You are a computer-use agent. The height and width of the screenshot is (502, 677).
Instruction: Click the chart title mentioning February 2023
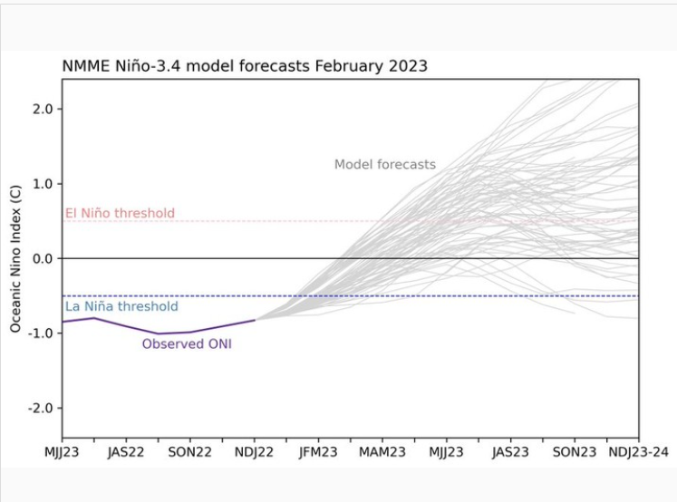click(245, 66)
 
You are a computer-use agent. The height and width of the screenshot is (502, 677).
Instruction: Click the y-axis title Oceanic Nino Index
click(16, 258)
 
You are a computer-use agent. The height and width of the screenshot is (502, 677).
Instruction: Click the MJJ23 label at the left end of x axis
click(63, 451)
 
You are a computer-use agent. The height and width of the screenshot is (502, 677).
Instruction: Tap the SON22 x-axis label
click(190, 451)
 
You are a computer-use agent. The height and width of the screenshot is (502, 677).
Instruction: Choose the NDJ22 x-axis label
click(255, 451)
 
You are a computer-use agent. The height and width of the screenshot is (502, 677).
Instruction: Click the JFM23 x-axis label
click(318, 451)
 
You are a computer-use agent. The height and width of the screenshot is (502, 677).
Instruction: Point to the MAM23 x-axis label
click(382, 451)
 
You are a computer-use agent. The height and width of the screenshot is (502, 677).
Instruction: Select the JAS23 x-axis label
click(510, 451)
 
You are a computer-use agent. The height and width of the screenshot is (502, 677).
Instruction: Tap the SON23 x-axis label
click(575, 451)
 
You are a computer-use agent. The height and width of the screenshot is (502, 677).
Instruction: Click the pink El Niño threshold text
click(120, 214)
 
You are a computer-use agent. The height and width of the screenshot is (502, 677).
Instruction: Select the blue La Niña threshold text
click(121, 307)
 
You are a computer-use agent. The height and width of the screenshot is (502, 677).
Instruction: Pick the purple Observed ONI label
click(187, 344)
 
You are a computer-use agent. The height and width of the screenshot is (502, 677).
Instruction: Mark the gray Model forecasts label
click(385, 165)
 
